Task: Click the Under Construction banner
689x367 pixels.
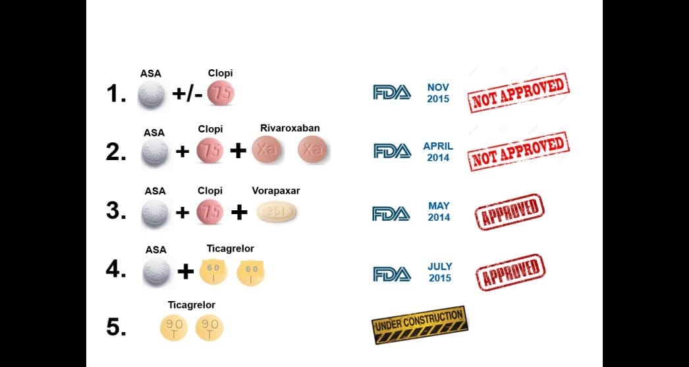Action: [420, 325]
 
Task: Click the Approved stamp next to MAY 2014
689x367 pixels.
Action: [509, 212]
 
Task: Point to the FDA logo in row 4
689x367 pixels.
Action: [392, 273]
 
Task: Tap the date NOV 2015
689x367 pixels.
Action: [438, 93]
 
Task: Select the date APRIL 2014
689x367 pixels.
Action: [438, 152]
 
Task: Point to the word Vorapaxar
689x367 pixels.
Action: [275, 190]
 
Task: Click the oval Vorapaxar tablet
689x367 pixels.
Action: [276, 212]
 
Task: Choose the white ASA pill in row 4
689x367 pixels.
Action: [157, 271]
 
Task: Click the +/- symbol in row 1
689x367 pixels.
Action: [188, 94]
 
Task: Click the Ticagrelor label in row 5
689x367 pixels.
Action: [192, 305]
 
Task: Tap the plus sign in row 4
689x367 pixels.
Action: [186, 271]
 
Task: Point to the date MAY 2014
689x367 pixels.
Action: [439, 212]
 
